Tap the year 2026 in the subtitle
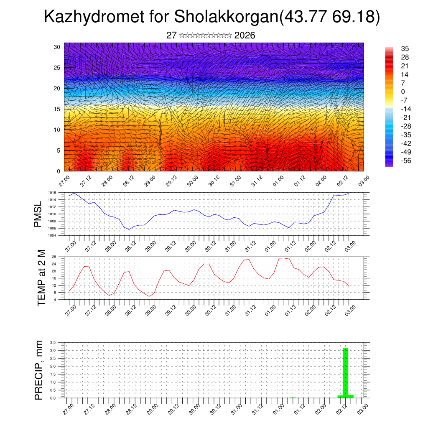click(x=245, y=36)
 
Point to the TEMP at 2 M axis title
click(x=41, y=278)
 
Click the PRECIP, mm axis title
click(x=39, y=370)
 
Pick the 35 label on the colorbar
click(x=405, y=48)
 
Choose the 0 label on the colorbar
click(x=403, y=92)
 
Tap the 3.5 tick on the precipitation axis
click(x=53, y=342)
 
